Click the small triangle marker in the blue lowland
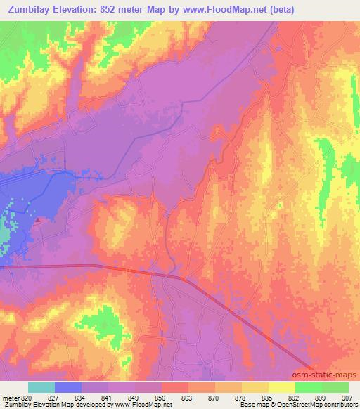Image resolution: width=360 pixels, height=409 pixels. pos(37,220)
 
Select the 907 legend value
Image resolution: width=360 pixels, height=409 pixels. pos(348,398)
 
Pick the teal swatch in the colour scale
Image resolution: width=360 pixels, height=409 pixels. pos(41,387)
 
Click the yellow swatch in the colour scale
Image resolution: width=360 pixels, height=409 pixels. pos(281,387)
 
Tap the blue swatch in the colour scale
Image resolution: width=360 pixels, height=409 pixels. pos(68,387)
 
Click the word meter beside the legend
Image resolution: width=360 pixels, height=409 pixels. pos(11,398)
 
